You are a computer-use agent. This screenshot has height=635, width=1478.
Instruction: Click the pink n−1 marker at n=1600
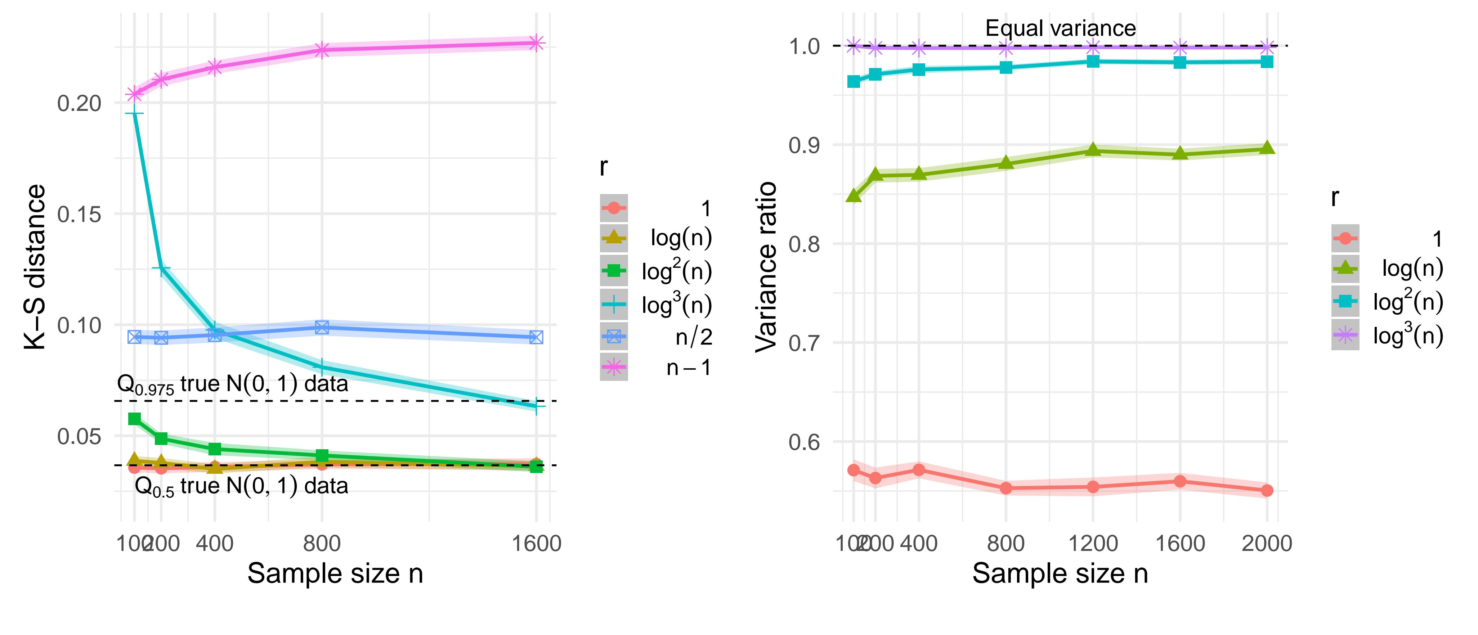pyautogui.click(x=536, y=43)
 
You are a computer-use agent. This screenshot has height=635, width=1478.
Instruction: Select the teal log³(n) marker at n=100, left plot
pyautogui.click(x=134, y=114)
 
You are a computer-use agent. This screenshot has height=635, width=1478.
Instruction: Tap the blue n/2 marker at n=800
pyautogui.click(x=322, y=328)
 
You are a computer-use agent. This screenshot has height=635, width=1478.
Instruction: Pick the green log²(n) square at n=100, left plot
pyautogui.click(x=134, y=419)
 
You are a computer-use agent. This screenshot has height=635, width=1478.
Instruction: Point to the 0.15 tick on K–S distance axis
pyautogui.click(x=79, y=215)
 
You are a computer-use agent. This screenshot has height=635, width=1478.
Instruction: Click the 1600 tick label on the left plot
pyautogui.click(x=536, y=543)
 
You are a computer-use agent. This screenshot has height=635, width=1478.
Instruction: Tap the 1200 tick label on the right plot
pyautogui.click(x=1093, y=543)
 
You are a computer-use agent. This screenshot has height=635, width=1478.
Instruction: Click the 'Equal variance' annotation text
pyautogui.click(x=1060, y=28)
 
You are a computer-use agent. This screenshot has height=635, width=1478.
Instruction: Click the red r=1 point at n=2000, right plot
pyautogui.click(x=1267, y=490)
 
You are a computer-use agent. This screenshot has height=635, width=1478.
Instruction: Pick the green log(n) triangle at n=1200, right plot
pyautogui.click(x=1093, y=150)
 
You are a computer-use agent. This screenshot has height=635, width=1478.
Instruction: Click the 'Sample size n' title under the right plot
pyautogui.click(x=1060, y=573)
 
